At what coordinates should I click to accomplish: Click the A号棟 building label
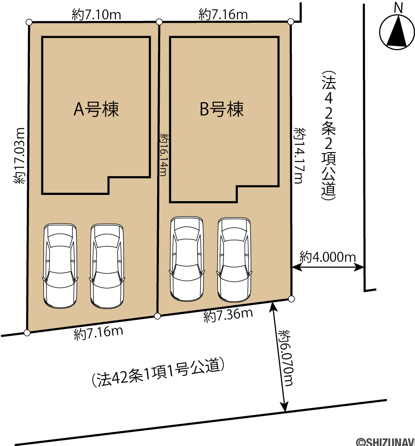(96, 109)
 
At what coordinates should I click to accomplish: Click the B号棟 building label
(222, 109)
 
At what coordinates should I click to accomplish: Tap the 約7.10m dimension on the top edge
(96, 15)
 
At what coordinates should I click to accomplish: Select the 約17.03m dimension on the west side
(19, 155)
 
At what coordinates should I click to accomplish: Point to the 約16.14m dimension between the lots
(164, 155)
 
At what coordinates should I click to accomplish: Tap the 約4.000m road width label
(328, 257)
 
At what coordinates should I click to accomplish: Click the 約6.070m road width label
(285, 358)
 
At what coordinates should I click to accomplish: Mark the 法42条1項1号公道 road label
(158, 372)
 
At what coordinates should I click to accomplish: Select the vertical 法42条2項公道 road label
(328, 136)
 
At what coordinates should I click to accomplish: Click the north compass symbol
(397, 33)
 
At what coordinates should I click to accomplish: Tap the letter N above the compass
(398, 8)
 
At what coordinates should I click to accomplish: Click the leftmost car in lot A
(60, 266)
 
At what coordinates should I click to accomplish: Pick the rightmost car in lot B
(234, 260)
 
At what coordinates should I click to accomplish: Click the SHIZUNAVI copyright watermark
(386, 442)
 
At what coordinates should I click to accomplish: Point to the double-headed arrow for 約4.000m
(328, 267)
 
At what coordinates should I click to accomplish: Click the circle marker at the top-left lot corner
(29, 22)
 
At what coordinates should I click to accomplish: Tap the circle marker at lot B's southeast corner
(291, 299)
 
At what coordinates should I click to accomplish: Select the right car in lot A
(107, 266)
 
